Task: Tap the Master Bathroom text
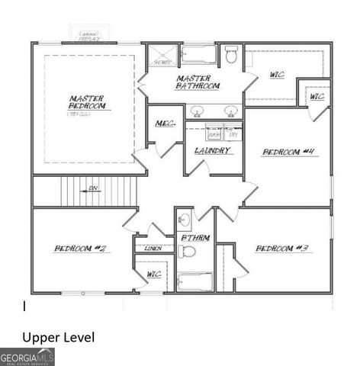point(198,82)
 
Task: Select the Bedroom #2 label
point(79,249)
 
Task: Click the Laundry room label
point(213,151)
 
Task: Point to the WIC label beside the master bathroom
point(277,75)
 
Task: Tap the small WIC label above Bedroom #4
point(317,97)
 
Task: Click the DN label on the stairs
point(93,188)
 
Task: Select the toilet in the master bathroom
point(232,55)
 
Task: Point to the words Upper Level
point(59,336)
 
